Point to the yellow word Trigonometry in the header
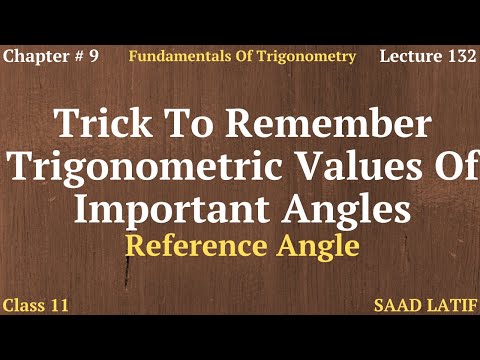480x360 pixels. tap(305, 56)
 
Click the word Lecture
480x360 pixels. tap(411, 56)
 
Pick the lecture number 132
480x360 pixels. tap(461, 56)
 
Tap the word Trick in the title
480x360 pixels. tap(101, 125)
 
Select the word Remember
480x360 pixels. tap(326, 125)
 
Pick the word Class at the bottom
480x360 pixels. tap(24, 304)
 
